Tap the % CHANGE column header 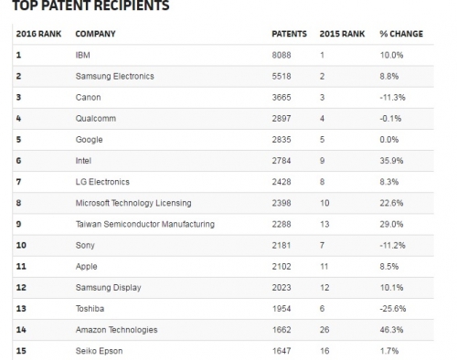click(401, 35)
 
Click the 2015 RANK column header click(342, 35)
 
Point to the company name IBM click(83, 55)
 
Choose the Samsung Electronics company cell click(114, 76)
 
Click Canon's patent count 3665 click(284, 97)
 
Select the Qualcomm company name click(95, 118)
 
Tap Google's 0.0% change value click(390, 139)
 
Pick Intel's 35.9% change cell click(392, 160)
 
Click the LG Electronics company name click(102, 182)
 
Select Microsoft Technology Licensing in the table click(133, 203)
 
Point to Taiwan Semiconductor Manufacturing click(144, 224)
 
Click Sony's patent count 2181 click(284, 245)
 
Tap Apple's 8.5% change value click(390, 266)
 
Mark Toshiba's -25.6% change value click(394, 308)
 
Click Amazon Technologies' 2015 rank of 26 click(324, 329)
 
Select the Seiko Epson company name click(99, 350)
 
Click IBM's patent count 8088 click(284, 55)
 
